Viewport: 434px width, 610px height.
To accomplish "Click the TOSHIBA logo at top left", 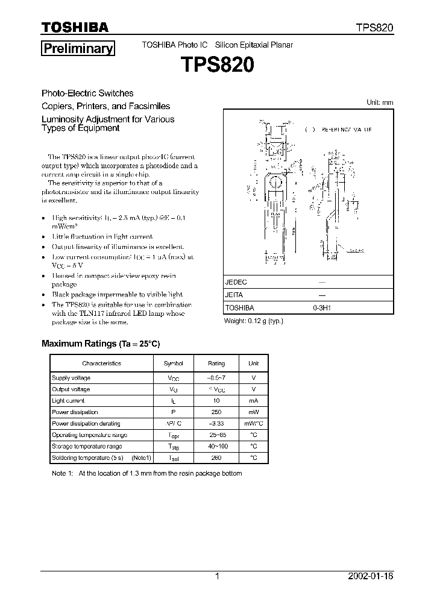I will [75, 27].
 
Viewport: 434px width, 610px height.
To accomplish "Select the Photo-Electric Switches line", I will [87, 93].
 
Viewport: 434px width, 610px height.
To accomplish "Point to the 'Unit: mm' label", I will [380, 102].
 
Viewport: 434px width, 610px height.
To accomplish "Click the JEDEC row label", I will [236, 282].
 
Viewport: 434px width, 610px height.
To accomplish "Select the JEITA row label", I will [234, 295].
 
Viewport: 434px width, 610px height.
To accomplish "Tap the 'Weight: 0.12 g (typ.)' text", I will [253, 321].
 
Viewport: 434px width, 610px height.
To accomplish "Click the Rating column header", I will [216, 363].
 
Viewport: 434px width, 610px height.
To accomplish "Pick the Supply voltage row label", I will [71, 378].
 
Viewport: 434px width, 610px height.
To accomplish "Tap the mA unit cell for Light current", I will [253, 401].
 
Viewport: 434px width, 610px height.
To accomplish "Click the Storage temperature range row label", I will [87, 447].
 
